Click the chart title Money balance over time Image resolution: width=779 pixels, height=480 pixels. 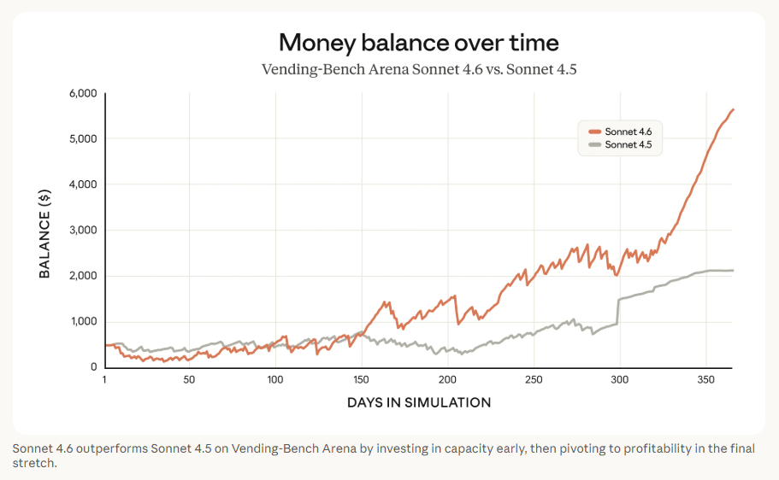[419, 42]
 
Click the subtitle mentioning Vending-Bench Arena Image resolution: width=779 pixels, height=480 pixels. [419, 68]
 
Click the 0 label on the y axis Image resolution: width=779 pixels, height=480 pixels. [92, 367]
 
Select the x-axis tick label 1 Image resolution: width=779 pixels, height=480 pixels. [104, 379]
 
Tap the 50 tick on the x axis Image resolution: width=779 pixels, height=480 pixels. [189, 379]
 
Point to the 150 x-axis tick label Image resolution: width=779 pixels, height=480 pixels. [362, 379]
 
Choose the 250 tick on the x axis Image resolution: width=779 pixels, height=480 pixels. [534, 379]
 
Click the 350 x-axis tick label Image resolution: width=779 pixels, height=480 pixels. [705, 379]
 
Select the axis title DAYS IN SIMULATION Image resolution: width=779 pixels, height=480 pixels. [419, 402]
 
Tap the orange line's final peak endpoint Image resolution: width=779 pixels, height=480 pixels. [734, 109]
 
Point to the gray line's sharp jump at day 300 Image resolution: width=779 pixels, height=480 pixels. [618, 311]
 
